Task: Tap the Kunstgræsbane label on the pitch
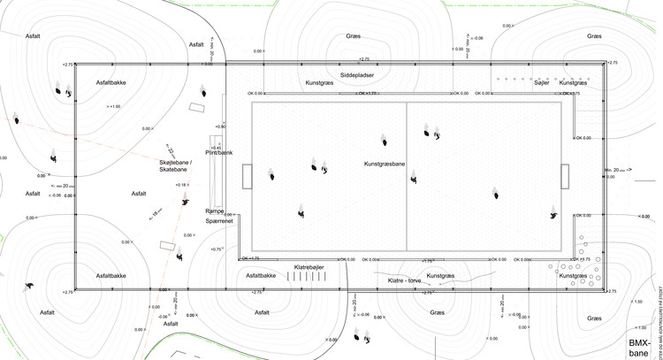pyautogui.click(x=385, y=165)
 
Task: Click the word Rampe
pyautogui.click(x=215, y=211)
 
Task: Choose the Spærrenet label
pyautogui.click(x=219, y=222)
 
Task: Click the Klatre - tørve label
pyautogui.click(x=407, y=280)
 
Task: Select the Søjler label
pyautogui.click(x=543, y=82)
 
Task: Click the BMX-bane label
pyautogui.click(x=638, y=347)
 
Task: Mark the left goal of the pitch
pyautogui.click(x=247, y=176)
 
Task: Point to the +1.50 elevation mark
pyautogui.click(x=638, y=302)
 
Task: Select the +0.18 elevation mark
pyautogui.click(x=182, y=184)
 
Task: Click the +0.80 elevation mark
pyautogui.click(x=219, y=127)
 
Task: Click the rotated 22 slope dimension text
pyautogui.click(x=170, y=151)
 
